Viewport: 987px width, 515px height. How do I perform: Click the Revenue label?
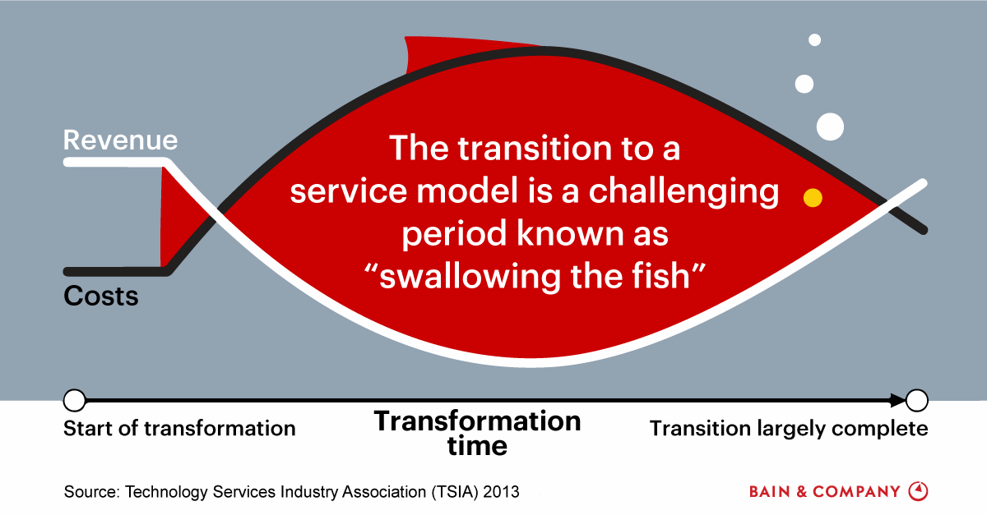tap(120, 140)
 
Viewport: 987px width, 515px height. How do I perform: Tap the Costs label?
tap(101, 296)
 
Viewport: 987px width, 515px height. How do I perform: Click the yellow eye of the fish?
tap(813, 198)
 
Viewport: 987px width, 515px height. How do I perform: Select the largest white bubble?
tap(830, 126)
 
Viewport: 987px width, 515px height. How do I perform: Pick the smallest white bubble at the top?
tap(815, 40)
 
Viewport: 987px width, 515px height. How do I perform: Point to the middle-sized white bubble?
tap(804, 84)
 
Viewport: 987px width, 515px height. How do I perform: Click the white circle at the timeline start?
tap(75, 401)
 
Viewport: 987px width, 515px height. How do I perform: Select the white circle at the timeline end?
tap(917, 401)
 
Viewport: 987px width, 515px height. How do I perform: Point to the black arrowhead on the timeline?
tap(897, 401)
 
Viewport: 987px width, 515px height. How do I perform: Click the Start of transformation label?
tap(179, 429)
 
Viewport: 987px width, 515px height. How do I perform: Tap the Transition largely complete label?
tap(789, 429)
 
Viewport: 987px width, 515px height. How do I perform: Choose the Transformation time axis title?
tap(478, 434)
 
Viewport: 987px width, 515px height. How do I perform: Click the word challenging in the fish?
tap(683, 192)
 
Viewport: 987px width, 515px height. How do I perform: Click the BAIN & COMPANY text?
tap(824, 492)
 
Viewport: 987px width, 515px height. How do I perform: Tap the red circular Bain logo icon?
tap(918, 491)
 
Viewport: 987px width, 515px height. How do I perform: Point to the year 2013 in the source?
tap(501, 492)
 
